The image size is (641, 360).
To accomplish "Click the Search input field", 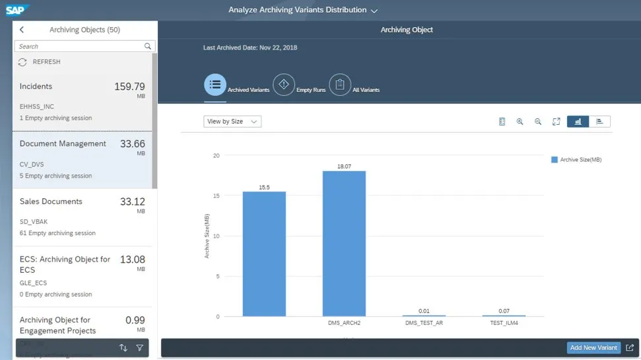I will pyautogui.click(x=79, y=46).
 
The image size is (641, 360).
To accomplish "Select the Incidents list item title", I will pyautogui.click(x=36, y=87).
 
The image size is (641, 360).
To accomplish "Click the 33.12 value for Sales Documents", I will pyautogui.click(x=132, y=201).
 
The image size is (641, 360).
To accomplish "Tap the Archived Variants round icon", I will pyautogui.click(x=215, y=85).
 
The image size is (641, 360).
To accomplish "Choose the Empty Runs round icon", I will pyautogui.click(x=284, y=85).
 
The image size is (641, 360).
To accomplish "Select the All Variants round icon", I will pyautogui.click(x=339, y=85).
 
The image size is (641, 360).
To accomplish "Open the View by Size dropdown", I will pyautogui.click(x=232, y=122).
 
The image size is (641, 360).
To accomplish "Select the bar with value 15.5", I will pyautogui.click(x=264, y=254).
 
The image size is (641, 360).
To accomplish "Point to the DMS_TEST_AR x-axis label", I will pyautogui.click(x=424, y=324).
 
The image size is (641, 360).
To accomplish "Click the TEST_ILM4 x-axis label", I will pyautogui.click(x=504, y=324).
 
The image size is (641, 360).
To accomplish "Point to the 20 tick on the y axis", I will pyautogui.click(x=216, y=155).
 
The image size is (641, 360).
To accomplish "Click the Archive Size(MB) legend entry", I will pyautogui.click(x=576, y=160).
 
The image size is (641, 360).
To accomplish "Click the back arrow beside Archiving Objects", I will pyautogui.click(x=22, y=30).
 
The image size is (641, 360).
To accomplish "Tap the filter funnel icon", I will pyautogui.click(x=139, y=347).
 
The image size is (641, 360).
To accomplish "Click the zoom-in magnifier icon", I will pyautogui.click(x=520, y=122).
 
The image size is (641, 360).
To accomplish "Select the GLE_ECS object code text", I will pyautogui.click(x=34, y=283).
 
